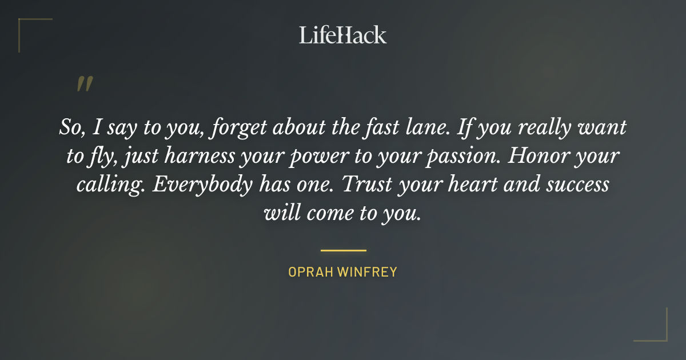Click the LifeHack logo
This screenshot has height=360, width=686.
click(342, 35)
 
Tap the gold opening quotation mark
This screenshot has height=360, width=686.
click(85, 84)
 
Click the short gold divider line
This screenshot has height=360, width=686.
click(343, 250)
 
